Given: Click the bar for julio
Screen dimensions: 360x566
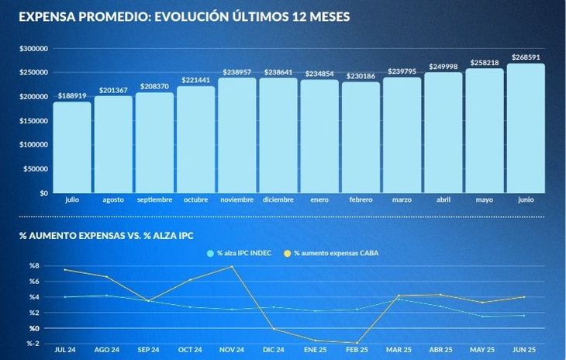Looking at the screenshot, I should [72, 147].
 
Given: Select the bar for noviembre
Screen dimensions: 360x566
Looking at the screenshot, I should [237, 135].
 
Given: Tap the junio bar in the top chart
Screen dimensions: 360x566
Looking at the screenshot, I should [526, 128].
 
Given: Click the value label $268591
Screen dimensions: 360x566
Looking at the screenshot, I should [526, 57].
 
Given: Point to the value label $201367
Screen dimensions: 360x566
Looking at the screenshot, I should [113, 90].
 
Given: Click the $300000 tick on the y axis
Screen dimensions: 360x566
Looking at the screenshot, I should [34, 49].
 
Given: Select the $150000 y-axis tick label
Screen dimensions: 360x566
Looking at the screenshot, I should [34, 121].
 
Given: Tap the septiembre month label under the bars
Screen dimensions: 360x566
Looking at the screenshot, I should [154, 200].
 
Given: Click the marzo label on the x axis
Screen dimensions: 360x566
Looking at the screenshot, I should [402, 200].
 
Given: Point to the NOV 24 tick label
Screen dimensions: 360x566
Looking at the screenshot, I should [233, 350].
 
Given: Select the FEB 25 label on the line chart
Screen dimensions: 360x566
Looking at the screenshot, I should [358, 350].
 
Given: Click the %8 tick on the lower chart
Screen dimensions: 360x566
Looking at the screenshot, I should [34, 266].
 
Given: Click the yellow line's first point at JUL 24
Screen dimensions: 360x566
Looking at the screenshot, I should [65, 270].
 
